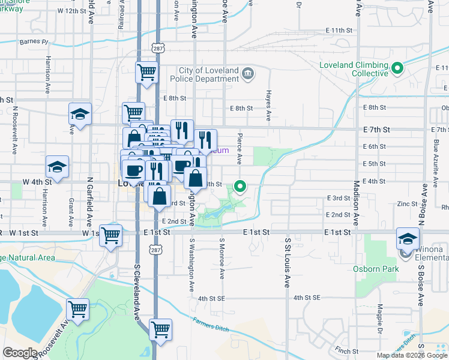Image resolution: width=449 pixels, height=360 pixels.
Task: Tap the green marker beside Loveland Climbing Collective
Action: click(x=397, y=69)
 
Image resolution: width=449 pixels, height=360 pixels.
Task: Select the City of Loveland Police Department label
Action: click(x=205, y=75)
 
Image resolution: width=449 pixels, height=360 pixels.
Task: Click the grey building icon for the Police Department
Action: click(x=247, y=75)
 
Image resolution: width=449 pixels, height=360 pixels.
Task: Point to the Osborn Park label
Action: click(x=376, y=269)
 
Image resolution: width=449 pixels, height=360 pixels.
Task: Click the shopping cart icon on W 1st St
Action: click(x=110, y=235)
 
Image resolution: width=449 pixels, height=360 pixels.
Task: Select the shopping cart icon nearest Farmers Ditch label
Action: click(x=160, y=329)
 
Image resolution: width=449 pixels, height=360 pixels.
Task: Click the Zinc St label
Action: click(x=407, y=204)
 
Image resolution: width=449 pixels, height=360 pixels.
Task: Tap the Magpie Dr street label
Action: click(x=380, y=319)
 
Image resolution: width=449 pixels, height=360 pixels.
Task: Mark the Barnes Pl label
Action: click(x=33, y=42)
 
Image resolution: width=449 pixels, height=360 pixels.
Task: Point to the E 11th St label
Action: click(x=338, y=30)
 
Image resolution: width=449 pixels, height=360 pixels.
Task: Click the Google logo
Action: click(x=20, y=353)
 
